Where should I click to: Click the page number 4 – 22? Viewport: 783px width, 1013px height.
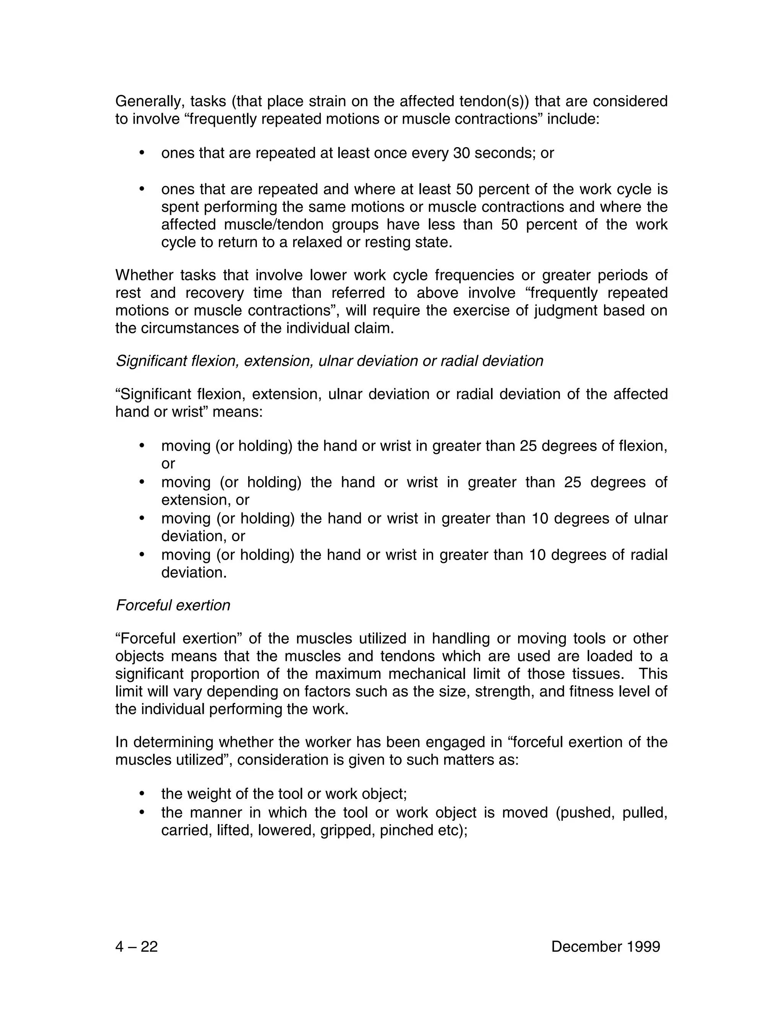tap(136, 946)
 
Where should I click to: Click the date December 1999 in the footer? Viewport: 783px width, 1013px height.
tap(605, 946)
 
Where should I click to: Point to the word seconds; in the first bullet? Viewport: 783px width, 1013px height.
tap(507, 153)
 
